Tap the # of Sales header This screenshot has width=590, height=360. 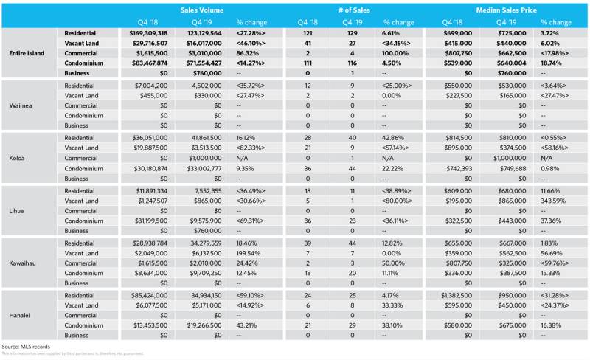(x=355, y=10)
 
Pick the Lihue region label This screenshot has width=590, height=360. (x=15, y=210)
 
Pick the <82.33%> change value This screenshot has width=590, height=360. (x=251, y=147)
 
